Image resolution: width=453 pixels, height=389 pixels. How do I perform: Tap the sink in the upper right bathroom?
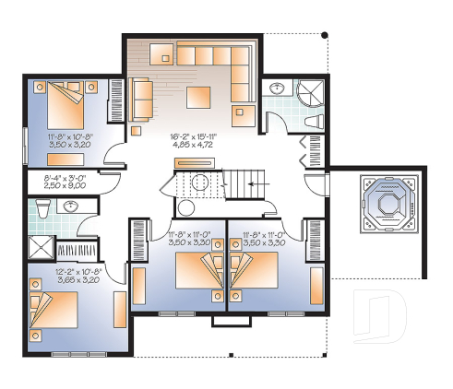tap(277, 88)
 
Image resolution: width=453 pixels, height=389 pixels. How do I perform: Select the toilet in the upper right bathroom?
tap(311, 121)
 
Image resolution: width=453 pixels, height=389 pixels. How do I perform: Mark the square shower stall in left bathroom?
tap(42, 247)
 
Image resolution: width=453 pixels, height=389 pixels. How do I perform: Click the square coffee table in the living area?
tap(200, 95)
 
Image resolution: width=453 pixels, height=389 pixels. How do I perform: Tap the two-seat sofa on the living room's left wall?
tap(142, 99)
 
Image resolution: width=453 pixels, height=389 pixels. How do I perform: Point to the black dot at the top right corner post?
tap(324, 35)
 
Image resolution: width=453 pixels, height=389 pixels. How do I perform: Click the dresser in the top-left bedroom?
tap(118, 96)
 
